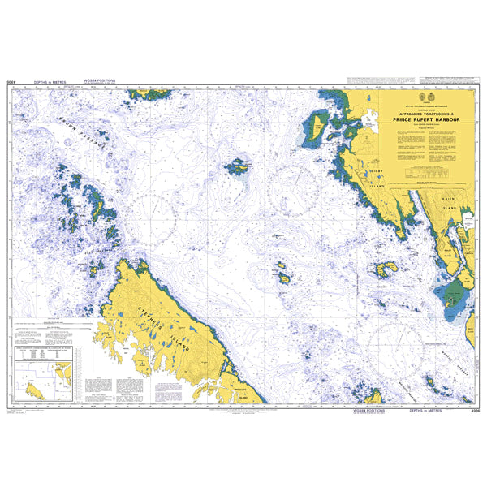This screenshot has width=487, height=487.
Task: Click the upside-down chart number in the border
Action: coord(12,83)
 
